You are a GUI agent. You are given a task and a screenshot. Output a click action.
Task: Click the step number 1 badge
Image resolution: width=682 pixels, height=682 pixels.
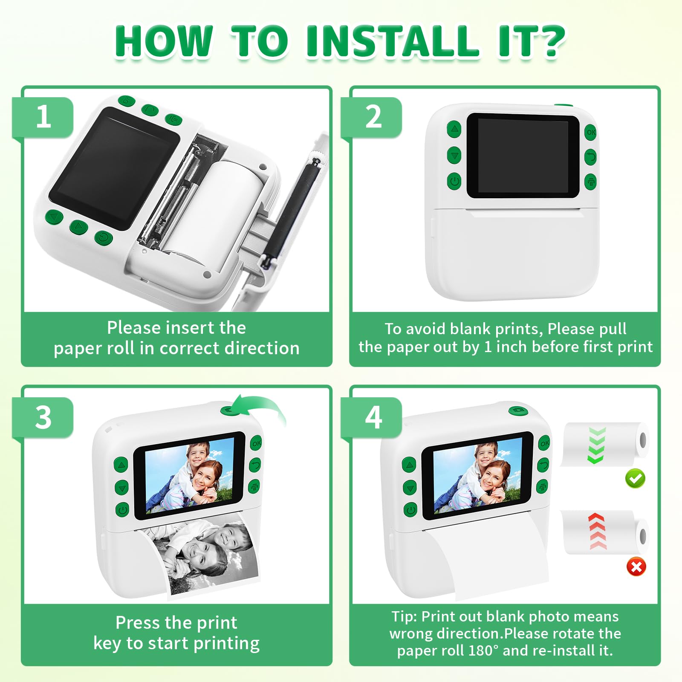coord(43,118)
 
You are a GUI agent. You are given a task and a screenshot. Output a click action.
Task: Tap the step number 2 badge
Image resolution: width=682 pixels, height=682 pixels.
coord(372,118)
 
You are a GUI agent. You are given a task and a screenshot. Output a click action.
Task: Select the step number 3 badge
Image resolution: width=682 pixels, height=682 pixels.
coord(43,418)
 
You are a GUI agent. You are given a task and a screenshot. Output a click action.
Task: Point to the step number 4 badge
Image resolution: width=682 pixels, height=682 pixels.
coord(372,418)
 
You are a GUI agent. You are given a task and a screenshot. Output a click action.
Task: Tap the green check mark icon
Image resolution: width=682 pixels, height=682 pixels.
coord(635,478)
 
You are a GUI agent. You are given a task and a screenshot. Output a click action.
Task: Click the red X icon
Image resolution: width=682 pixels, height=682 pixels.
coord(636,567)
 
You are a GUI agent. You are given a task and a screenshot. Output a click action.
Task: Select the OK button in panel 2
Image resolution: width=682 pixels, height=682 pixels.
coord(591,133)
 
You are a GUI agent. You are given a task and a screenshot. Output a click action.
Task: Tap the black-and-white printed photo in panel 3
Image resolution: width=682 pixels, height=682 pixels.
coord(205,554)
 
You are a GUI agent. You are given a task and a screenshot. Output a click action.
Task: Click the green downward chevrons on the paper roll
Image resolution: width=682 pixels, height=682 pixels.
coord(596,445)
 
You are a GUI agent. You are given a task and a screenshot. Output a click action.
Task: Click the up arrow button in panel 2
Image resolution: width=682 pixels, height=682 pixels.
coord(454,128)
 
